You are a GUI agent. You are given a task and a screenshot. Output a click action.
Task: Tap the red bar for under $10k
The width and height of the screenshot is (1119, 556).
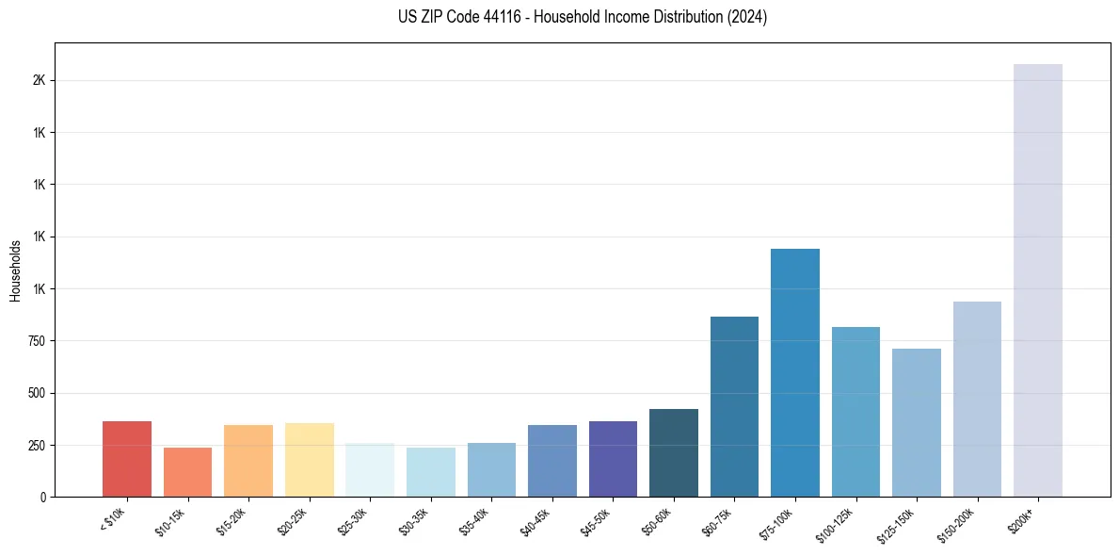coord(127,459)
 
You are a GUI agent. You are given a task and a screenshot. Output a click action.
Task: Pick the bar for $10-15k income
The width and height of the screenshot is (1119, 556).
coord(187,472)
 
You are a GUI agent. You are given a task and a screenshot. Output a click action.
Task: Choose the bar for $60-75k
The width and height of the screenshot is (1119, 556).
coord(734,406)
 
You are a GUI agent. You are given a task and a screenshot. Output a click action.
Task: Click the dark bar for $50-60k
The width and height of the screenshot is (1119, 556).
coord(673,452)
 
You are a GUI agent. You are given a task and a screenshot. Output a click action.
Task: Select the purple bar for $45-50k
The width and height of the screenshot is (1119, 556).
coord(613,459)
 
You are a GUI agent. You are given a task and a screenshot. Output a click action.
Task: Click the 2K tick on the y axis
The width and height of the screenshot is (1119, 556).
coord(39,80)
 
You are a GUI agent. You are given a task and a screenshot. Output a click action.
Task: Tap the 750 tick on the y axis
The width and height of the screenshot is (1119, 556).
coord(37,340)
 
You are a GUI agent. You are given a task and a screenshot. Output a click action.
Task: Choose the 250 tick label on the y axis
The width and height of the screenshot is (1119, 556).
coord(37,445)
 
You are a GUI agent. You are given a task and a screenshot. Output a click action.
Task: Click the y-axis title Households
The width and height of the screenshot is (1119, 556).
coord(15,270)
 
